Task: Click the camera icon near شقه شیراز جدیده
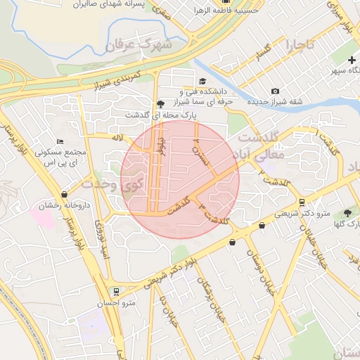click(275, 91)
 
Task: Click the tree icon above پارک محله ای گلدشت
click(161, 103)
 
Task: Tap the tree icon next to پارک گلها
click(347, 212)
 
